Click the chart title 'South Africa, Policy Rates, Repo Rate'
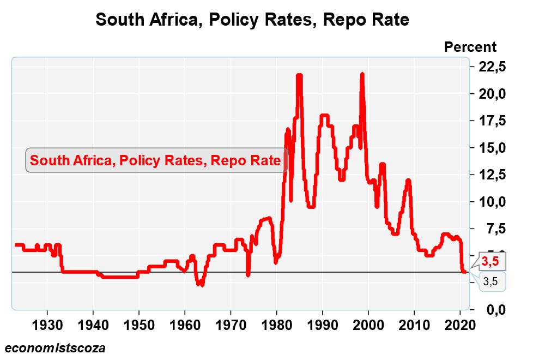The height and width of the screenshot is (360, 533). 252,20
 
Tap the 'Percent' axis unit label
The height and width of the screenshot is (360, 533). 470,47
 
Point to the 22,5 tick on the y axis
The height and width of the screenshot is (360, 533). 492,67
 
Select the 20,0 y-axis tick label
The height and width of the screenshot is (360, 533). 492,94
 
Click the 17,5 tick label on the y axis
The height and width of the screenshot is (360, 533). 492,121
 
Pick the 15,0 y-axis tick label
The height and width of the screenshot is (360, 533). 492,148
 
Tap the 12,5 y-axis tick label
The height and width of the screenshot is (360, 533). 492,175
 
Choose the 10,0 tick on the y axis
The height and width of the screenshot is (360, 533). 492,202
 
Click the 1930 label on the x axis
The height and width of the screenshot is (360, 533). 47,325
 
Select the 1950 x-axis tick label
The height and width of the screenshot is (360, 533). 139,325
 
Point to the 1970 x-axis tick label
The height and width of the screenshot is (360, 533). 231,325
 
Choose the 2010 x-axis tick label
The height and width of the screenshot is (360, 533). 415,325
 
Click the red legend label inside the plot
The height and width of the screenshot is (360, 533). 156,161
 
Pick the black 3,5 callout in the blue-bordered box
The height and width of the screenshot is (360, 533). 490,281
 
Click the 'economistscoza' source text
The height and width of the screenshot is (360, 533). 54,347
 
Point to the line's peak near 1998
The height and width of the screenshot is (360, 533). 362,74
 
